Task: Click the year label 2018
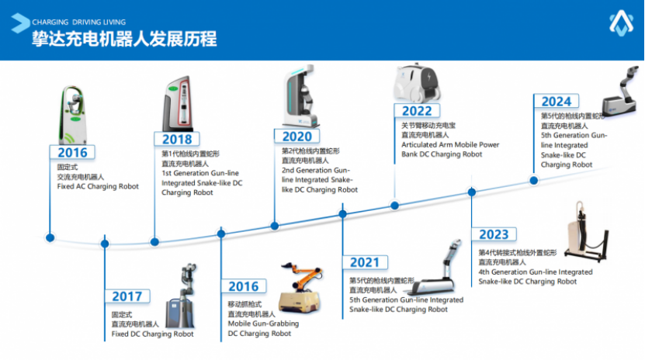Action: pyautogui.click(x=177, y=140)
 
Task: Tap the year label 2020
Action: pyautogui.click(x=297, y=137)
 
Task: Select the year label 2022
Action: pyautogui.click(x=417, y=111)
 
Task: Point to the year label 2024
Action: pyautogui.click(x=557, y=102)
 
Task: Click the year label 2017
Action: pyautogui.click(x=127, y=296)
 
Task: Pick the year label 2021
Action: pyautogui.click(x=365, y=262)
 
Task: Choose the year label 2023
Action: pyautogui.click(x=494, y=234)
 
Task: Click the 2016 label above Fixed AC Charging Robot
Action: pyautogui.click(x=72, y=153)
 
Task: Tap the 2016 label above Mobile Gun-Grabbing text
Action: pyautogui.click(x=244, y=286)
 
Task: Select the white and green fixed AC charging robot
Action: pyautogui.click(x=73, y=115)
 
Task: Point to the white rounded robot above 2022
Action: pyautogui.click(x=416, y=83)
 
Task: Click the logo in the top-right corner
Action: pyautogui.click(x=621, y=23)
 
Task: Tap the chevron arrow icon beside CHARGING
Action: pyautogui.click(x=19, y=23)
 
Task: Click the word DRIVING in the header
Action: pyautogui.click(x=87, y=22)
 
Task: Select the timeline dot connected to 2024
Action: pyautogui.click(x=533, y=181)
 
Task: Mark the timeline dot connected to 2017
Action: pyautogui.click(x=105, y=244)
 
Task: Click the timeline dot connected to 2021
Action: pyautogui.click(x=342, y=213)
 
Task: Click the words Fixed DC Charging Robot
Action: pyautogui.click(x=152, y=334)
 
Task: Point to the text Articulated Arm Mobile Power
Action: pyautogui.click(x=450, y=144)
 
